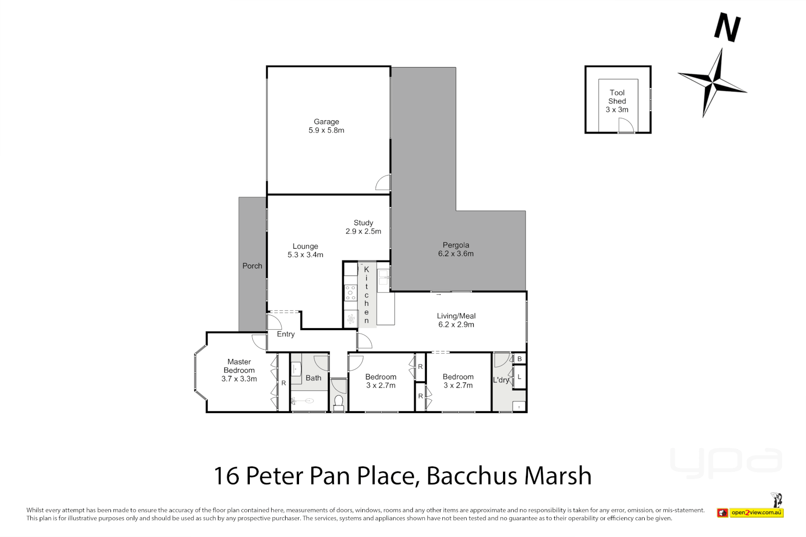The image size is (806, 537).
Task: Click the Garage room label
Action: click(x=326, y=122)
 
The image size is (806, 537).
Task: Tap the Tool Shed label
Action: click(x=617, y=97)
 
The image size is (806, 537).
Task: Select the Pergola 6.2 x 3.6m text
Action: click(x=456, y=249)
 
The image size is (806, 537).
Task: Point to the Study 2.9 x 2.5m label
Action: click(x=363, y=227)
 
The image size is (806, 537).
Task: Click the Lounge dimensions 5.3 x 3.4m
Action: click(x=305, y=255)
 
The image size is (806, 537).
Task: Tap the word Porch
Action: click(x=252, y=266)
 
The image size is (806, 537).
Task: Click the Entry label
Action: click(x=286, y=334)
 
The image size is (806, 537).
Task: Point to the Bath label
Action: click(x=313, y=378)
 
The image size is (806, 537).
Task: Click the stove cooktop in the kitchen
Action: click(x=351, y=293)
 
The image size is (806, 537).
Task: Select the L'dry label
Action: click(x=501, y=380)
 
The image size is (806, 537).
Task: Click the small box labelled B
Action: click(x=519, y=358)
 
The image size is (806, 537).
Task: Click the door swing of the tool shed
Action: click(x=626, y=126)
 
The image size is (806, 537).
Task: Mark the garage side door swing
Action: click(x=384, y=183)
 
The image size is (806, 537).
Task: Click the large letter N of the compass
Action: click(x=727, y=28)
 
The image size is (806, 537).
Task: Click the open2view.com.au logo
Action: click(x=756, y=512)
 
